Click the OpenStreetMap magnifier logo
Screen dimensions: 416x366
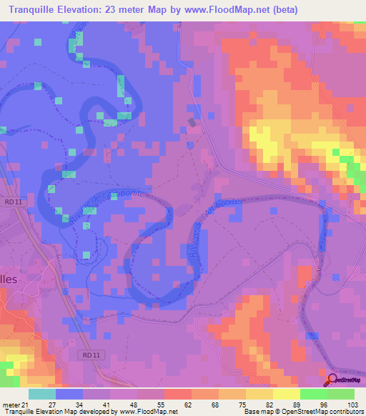pyautogui.click(x=332, y=380)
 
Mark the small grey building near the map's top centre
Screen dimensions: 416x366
pyautogui.click(x=191, y=122)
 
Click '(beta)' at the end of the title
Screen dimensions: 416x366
pyautogui.click(x=280, y=9)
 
